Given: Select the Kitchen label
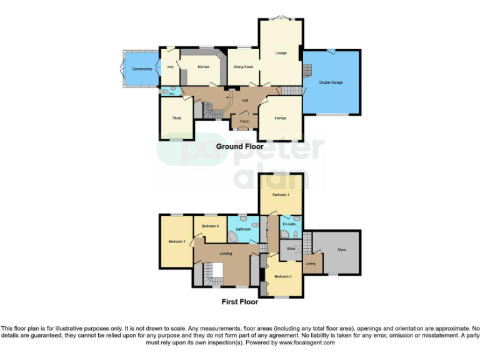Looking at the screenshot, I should tap(204, 67).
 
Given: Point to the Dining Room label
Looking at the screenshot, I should tap(243, 66).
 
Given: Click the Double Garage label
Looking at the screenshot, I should tap(331, 82).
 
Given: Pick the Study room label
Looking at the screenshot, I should tap(177, 117).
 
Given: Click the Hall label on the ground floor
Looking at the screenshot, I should tap(246, 100).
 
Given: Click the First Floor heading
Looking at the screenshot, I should tap(240, 302).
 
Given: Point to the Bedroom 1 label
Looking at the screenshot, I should tap(281, 195).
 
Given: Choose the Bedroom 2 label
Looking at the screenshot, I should tap(177, 241).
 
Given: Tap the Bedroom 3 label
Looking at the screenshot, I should tap(282, 276).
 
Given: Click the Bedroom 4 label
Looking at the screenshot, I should tap(210, 226).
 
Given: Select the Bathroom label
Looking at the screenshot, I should tap(241, 229).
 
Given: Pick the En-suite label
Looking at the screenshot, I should tap(289, 224).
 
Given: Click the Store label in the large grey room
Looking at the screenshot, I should tap(341, 250).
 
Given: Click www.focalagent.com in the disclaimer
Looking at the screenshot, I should tap(307, 342).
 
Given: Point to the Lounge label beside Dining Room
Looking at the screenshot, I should tap(281, 52).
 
